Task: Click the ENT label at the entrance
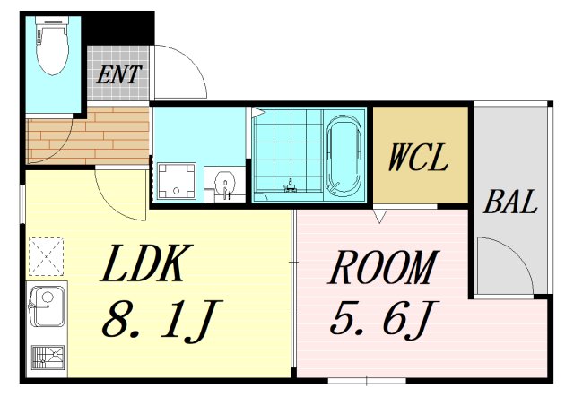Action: pyautogui.click(x=118, y=74)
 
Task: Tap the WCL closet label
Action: pyautogui.click(x=418, y=157)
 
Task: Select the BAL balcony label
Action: pyautogui.click(x=510, y=202)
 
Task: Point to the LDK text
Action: pyautogui.click(x=146, y=263)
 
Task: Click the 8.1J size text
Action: pyautogui.click(x=162, y=321)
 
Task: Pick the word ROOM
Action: pyautogui.click(x=384, y=267)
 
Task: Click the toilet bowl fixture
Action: pyautogui.click(x=52, y=46)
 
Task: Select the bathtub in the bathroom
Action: pyautogui.click(x=344, y=155)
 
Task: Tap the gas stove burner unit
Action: pyautogui.click(x=48, y=358)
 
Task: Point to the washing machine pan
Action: pyautogui.click(x=176, y=181)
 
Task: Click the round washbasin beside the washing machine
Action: pyautogui.click(x=225, y=182)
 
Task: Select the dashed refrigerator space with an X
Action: pyautogui.click(x=47, y=257)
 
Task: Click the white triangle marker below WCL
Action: pyautogui.click(x=379, y=216)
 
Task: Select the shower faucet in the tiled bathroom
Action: pyautogui.click(x=291, y=185)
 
